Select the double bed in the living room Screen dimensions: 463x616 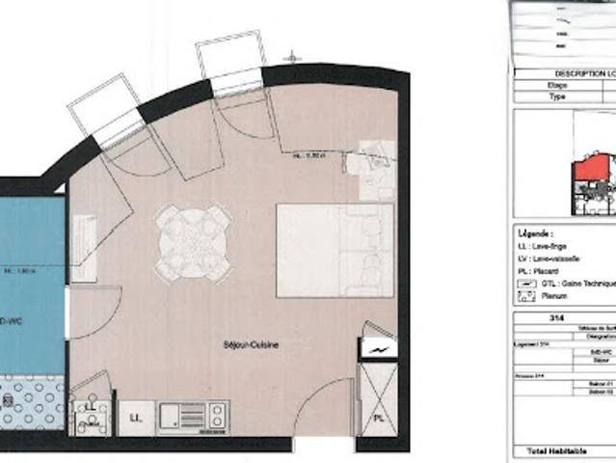tap(335, 249)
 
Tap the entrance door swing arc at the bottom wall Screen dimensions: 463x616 tap(323, 410)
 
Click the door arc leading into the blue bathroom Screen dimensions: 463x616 tap(92, 313)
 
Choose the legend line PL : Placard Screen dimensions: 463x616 tap(545, 271)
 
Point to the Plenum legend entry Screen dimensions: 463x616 tap(553, 296)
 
